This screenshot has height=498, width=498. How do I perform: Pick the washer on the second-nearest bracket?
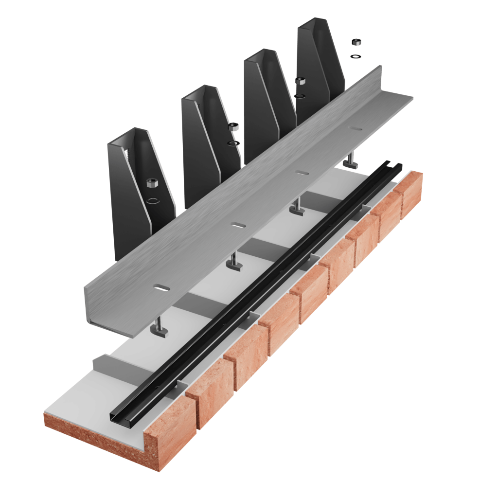click(x=234, y=143)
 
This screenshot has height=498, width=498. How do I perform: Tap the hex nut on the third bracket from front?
click(x=300, y=80)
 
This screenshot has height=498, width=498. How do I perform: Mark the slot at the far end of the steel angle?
click(x=356, y=129)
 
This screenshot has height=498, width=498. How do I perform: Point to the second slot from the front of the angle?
click(x=237, y=225)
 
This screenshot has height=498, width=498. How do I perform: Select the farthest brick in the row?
click(x=411, y=195)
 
